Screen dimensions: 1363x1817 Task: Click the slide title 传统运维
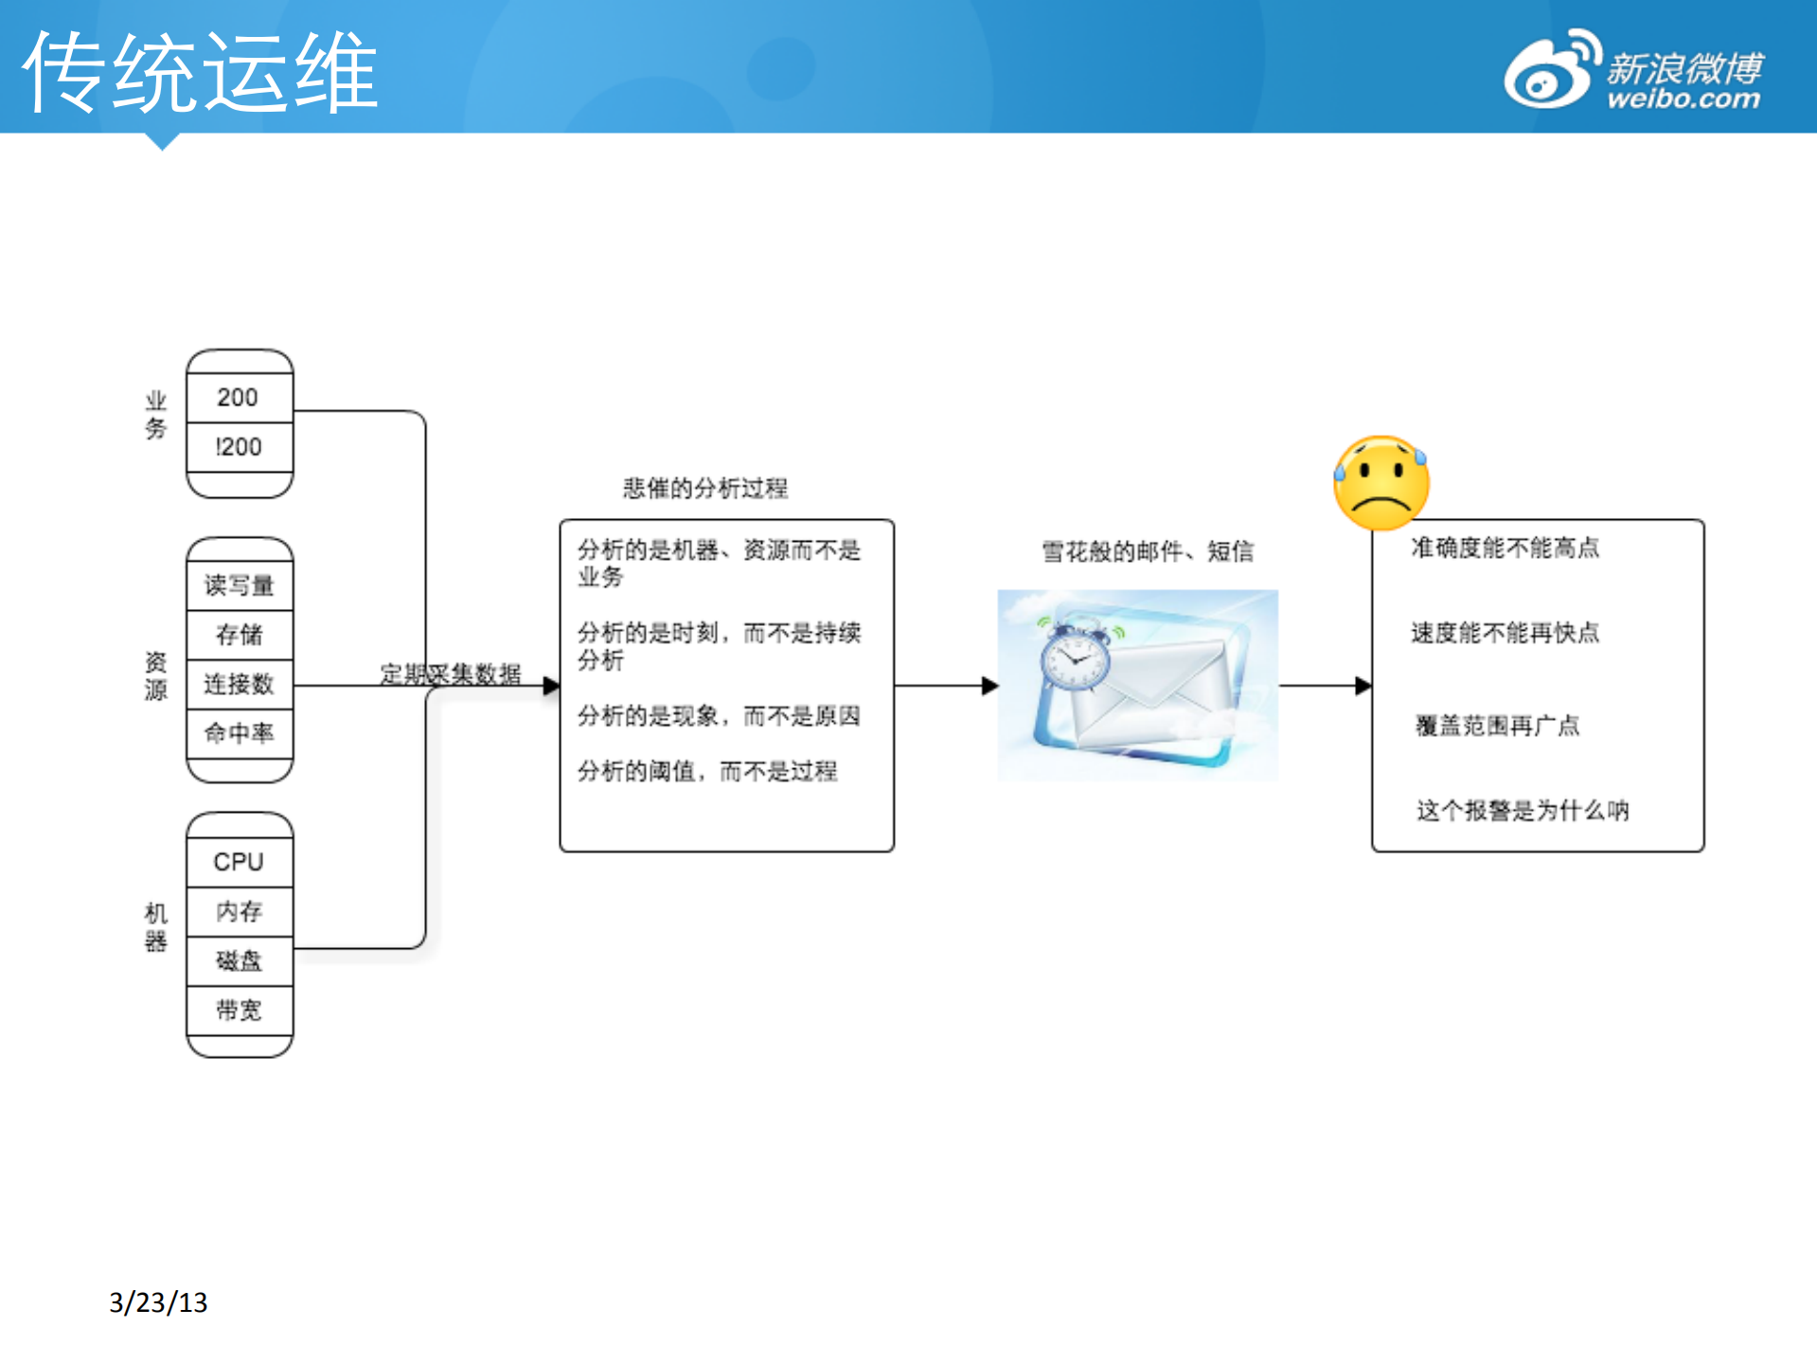[x=200, y=72]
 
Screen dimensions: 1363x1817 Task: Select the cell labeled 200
[x=239, y=398]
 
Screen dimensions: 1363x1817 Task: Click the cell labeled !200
[x=239, y=447]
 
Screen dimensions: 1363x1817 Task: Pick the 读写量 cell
[x=239, y=585]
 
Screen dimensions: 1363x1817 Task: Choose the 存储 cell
[x=239, y=635]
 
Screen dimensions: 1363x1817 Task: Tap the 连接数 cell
[x=239, y=684]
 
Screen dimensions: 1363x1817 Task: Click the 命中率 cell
[x=239, y=733]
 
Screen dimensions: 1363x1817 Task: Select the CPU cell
[x=239, y=862]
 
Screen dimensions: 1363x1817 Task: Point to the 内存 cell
[x=239, y=911]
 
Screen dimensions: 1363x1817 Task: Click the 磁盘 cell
[x=239, y=960]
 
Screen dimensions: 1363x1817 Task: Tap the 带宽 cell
[x=239, y=1010]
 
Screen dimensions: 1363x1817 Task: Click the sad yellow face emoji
[x=1381, y=483]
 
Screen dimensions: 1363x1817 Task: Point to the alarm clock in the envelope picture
[x=1075, y=658]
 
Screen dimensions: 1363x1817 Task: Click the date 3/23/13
[x=158, y=1302]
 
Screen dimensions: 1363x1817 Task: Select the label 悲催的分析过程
[x=705, y=489]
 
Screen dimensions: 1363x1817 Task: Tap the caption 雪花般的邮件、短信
[x=1148, y=551]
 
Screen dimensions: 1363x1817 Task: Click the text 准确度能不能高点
[x=1505, y=547]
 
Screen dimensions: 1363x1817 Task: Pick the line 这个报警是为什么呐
[x=1523, y=811]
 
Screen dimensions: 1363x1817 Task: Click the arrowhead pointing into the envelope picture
[x=990, y=686]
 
